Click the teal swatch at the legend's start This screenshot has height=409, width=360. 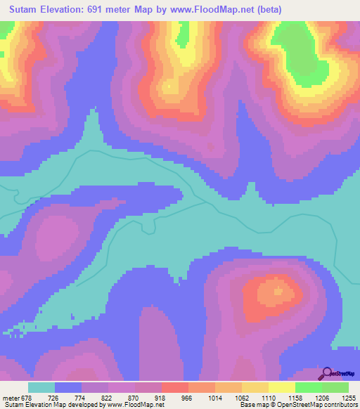point(41,387)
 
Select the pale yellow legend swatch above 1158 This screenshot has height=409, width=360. point(282,387)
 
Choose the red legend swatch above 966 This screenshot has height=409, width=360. point(175,387)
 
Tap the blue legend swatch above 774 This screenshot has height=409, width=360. point(68,387)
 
